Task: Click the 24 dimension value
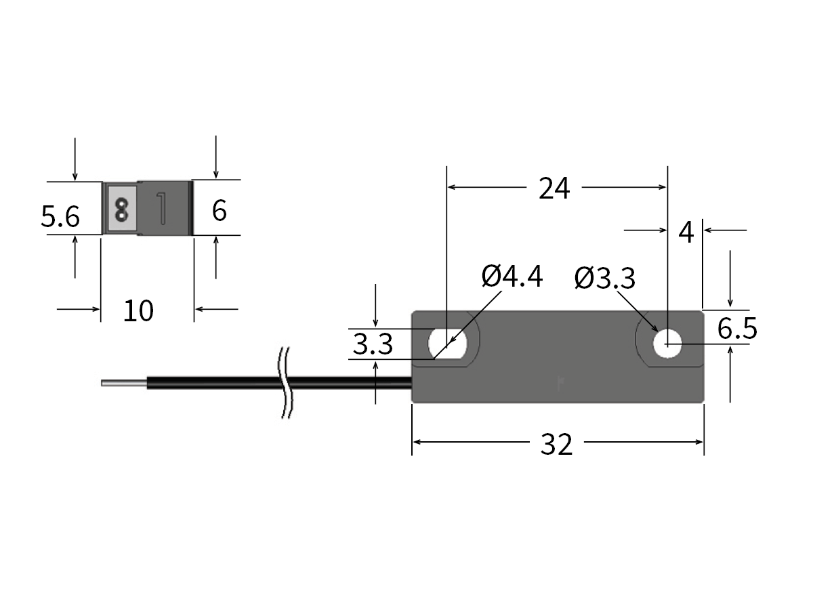tap(554, 188)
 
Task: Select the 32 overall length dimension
tap(556, 445)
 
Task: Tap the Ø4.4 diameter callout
tap(512, 277)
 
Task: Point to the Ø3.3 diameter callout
tap(604, 278)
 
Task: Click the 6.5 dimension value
tap(737, 329)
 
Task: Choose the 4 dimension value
tap(686, 232)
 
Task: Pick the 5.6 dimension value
tap(60, 218)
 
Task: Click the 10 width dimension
tap(138, 310)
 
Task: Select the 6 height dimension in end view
tap(219, 211)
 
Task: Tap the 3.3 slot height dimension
tap(373, 345)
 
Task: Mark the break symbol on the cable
tap(285, 383)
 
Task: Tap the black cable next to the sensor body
tap(352, 383)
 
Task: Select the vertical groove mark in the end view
tap(161, 207)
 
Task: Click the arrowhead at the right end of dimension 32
tap(699, 442)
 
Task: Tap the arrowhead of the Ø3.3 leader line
tap(658, 332)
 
